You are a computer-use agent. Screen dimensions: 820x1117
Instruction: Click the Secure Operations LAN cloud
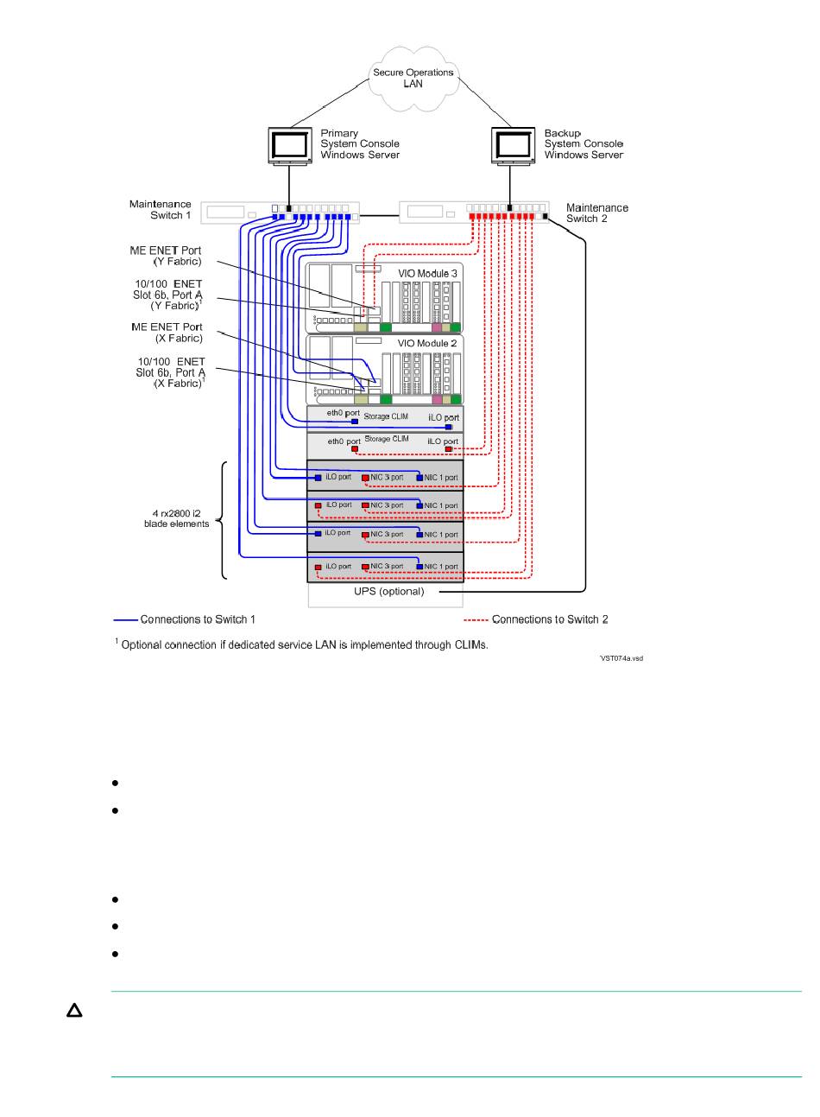click(x=413, y=79)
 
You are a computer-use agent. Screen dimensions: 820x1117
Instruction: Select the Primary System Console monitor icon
click(x=289, y=146)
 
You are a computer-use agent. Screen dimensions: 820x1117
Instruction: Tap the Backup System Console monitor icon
click(x=513, y=146)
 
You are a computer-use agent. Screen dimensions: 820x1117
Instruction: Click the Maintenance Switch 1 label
click(x=161, y=209)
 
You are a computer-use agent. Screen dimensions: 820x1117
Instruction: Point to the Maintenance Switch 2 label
click(x=596, y=213)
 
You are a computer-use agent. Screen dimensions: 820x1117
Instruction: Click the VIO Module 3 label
click(x=427, y=273)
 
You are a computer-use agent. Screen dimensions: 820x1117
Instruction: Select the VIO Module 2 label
click(x=427, y=343)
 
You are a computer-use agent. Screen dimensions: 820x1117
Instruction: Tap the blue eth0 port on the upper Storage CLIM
click(x=355, y=422)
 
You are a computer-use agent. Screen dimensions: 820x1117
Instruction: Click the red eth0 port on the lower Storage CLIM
click(x=355, y=449)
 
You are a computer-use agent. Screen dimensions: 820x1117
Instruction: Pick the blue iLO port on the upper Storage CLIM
click(x=448, y=427)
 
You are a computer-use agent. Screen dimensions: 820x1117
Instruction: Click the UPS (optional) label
click(x=389, y=592)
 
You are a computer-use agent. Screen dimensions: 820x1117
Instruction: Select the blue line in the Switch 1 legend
click(x=125, y=619)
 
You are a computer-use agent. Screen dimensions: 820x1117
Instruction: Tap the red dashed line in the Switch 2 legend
click(x=476, y=619)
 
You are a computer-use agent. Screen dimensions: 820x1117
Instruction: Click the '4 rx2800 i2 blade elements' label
click(x=176, y=518)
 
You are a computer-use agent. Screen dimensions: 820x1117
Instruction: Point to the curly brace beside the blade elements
click(x=222, y=521)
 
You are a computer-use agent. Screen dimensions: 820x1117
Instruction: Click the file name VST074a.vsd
click(x=621, y=658)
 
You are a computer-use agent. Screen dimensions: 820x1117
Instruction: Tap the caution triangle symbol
click(x=74, y=1011)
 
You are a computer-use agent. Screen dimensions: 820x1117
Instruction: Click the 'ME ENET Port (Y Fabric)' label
click(x=166, y=256)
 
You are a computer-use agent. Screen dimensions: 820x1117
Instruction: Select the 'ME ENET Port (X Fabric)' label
click(x=167, y=333)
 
